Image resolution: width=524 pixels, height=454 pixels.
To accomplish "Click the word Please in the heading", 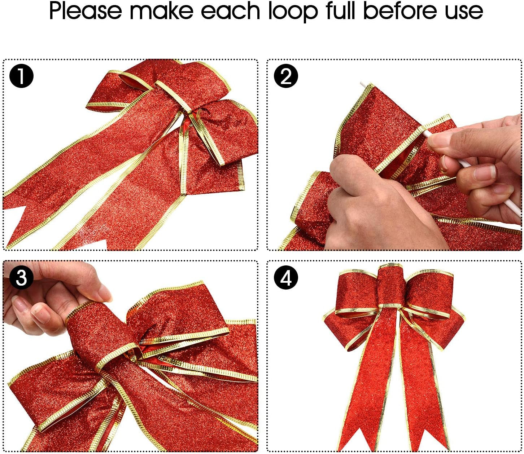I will pos(86,12).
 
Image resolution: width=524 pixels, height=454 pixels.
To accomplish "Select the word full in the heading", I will pos(342,11).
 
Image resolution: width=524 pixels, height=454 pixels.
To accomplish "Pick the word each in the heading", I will pos(230,11).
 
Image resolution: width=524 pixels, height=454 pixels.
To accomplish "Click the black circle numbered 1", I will pos(21,76).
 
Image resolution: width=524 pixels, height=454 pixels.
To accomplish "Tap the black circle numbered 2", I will pos(286,76).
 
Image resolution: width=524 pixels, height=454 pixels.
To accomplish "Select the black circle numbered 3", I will pos(21,278).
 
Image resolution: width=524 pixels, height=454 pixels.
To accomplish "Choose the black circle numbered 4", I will pos(286,278).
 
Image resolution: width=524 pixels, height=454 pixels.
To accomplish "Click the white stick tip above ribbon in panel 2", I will pos(362,84).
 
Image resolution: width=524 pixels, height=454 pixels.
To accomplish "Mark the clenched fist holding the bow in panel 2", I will pos(364,202).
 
